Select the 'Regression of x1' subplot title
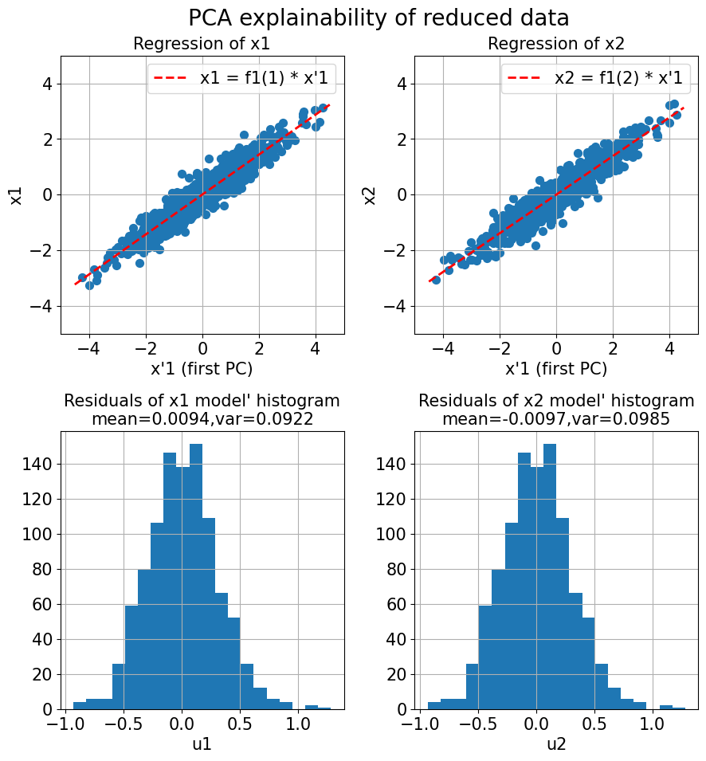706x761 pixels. point(202,45)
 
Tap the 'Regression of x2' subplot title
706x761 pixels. point(556,45)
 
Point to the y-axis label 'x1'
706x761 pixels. point(16,194)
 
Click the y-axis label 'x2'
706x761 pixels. point(370,194)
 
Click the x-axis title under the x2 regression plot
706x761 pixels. point(556,368)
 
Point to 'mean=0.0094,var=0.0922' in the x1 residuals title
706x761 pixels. point(202,418)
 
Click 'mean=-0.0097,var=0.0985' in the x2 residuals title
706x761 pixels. point(556,418)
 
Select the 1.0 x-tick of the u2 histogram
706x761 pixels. point(652,725)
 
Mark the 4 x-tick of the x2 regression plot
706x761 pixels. point(669,349)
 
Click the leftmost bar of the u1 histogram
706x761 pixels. point(80,706)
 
